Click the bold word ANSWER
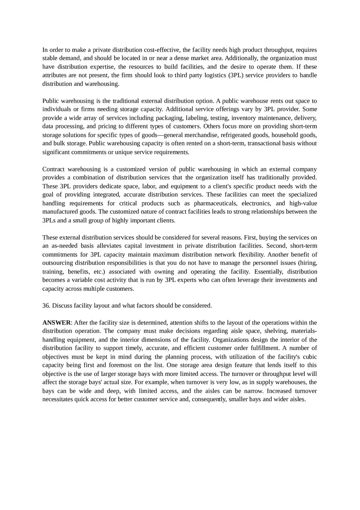[x=56, y=323]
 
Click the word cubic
[x=308, y=357]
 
